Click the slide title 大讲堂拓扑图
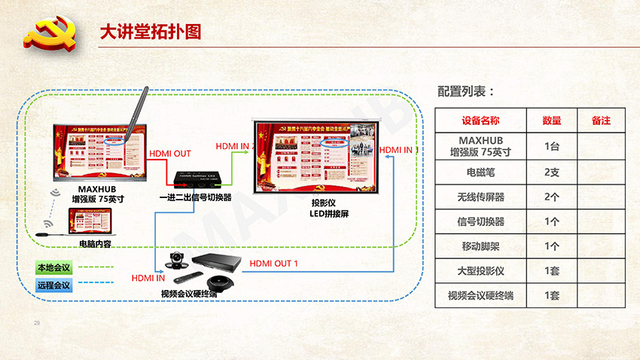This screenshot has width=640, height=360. pos(151,32)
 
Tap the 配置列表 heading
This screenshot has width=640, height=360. pos(466,92)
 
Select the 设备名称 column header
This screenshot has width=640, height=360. pos(480,121)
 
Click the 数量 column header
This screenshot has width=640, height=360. pos(552,121)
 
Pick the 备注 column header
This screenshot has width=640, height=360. pos(600,121)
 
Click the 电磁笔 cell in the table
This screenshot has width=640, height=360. pos(480,172)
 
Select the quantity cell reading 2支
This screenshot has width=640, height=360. pos(552,172)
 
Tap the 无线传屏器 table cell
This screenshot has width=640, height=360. pos(480,197)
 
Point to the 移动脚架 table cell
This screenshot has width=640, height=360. pos(480,246)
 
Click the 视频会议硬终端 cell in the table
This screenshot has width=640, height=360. pos(480,295)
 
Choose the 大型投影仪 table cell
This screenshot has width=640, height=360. pos(480,270)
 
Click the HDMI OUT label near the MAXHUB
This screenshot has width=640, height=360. pos(170,154)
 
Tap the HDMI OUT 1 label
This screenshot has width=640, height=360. pos(274,264)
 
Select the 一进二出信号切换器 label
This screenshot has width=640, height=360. pos(195,197)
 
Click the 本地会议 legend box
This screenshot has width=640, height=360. pos(53,267)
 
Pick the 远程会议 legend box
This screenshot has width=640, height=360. pos(53,285)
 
